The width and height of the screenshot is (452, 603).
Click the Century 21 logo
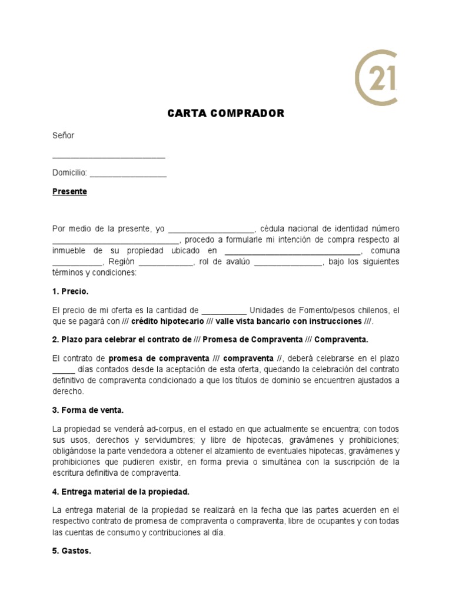coord(375,78)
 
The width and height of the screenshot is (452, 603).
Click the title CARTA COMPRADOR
coord(226,114)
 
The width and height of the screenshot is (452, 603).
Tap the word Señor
coord(64,135)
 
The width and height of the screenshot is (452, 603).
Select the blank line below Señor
coord(109,157)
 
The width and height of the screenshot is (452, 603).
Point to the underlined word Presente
coord(69,192)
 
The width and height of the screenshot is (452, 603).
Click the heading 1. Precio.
coord(71,291)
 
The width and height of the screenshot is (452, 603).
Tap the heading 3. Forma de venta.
coord(88,410)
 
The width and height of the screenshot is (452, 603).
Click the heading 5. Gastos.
coord(72,552)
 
